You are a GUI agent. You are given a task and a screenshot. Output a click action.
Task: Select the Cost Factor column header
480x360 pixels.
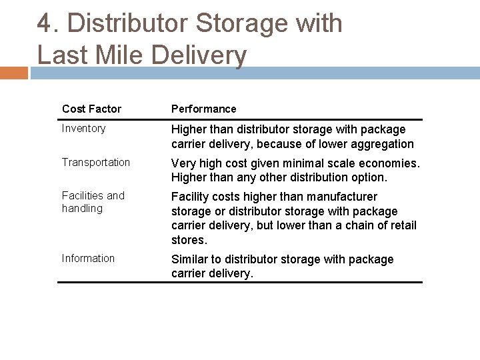pyautogui.click(x=91, y=109)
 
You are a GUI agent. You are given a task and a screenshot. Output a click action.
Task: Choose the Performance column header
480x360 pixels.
pyautogui.click(x=203, y=109)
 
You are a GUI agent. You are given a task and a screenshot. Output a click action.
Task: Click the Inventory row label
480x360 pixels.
pyautogui.click(x=83, y=129)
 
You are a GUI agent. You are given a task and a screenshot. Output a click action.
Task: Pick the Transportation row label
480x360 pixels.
pyautogui.click(x=96, y=162)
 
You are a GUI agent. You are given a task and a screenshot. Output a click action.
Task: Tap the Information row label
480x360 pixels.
pyautogui.click(x=88, y=258)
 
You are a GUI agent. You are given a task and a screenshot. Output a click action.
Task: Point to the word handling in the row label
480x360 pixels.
pyautogui.click(x=82, y=208)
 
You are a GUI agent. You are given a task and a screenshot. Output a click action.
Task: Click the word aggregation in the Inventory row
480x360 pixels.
pyautogui.click(x=383, y=143)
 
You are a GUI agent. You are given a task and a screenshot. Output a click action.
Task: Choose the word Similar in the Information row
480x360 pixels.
pyautogui.click(x=191, y=259)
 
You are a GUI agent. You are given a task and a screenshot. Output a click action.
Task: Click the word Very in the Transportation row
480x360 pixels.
pyautogui.click(x=184, y=163)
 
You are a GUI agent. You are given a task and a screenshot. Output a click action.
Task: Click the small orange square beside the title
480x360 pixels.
pyautogui.click(x=14, y=73)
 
